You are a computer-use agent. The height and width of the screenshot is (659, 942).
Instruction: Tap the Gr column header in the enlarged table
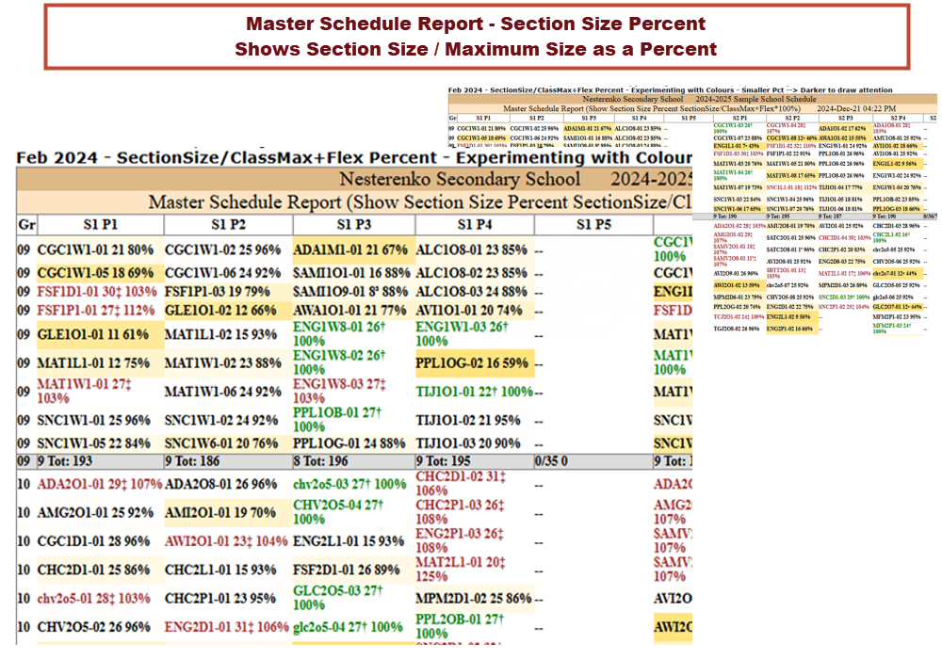click(x=25, y=224)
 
